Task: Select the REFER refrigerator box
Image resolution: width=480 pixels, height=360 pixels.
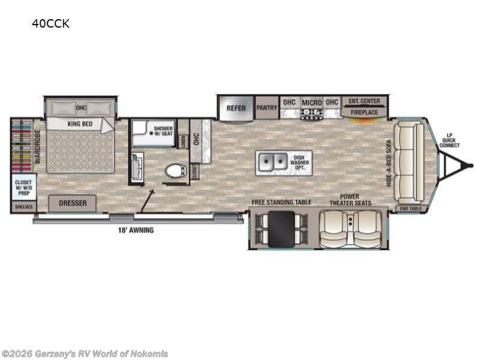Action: (236, 109)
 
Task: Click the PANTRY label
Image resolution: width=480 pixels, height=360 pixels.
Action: (266, 108)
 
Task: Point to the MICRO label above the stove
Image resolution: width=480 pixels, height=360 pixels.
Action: (311, 103)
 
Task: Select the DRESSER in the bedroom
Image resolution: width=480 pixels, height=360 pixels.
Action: (72, 203)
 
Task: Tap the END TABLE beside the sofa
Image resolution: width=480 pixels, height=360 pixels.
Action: (410, 208)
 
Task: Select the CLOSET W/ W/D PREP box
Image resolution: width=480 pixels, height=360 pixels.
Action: (23, 187)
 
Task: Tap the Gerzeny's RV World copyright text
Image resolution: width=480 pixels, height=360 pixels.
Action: (85, 354)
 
